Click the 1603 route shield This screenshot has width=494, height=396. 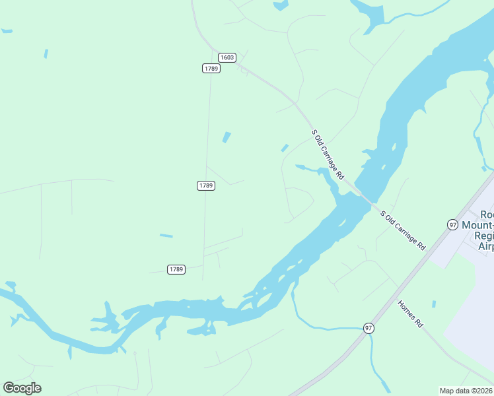[x=227, y=57]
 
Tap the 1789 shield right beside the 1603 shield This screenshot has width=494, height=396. [x=211, y=69]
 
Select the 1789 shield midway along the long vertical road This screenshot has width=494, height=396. [x=206, y=186]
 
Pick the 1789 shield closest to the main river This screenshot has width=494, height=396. [x=176, y=269]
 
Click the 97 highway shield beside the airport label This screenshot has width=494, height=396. [x=452, y=224]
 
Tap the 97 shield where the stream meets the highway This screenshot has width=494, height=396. [x=369, y=328]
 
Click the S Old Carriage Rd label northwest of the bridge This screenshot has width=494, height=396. [x=328, y=155]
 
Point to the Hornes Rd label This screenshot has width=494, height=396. [x=410, y=314]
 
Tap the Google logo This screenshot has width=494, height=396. [x=22, y=388]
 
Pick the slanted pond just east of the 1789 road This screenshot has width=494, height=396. [x=227, y=137]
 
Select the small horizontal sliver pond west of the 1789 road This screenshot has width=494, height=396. [x=166, y=236]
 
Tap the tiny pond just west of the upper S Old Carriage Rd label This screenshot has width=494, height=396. [x=285, y=148]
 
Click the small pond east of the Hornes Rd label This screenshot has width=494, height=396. [x=434, y=304]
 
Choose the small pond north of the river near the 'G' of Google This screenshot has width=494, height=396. [x=14, y=321]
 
